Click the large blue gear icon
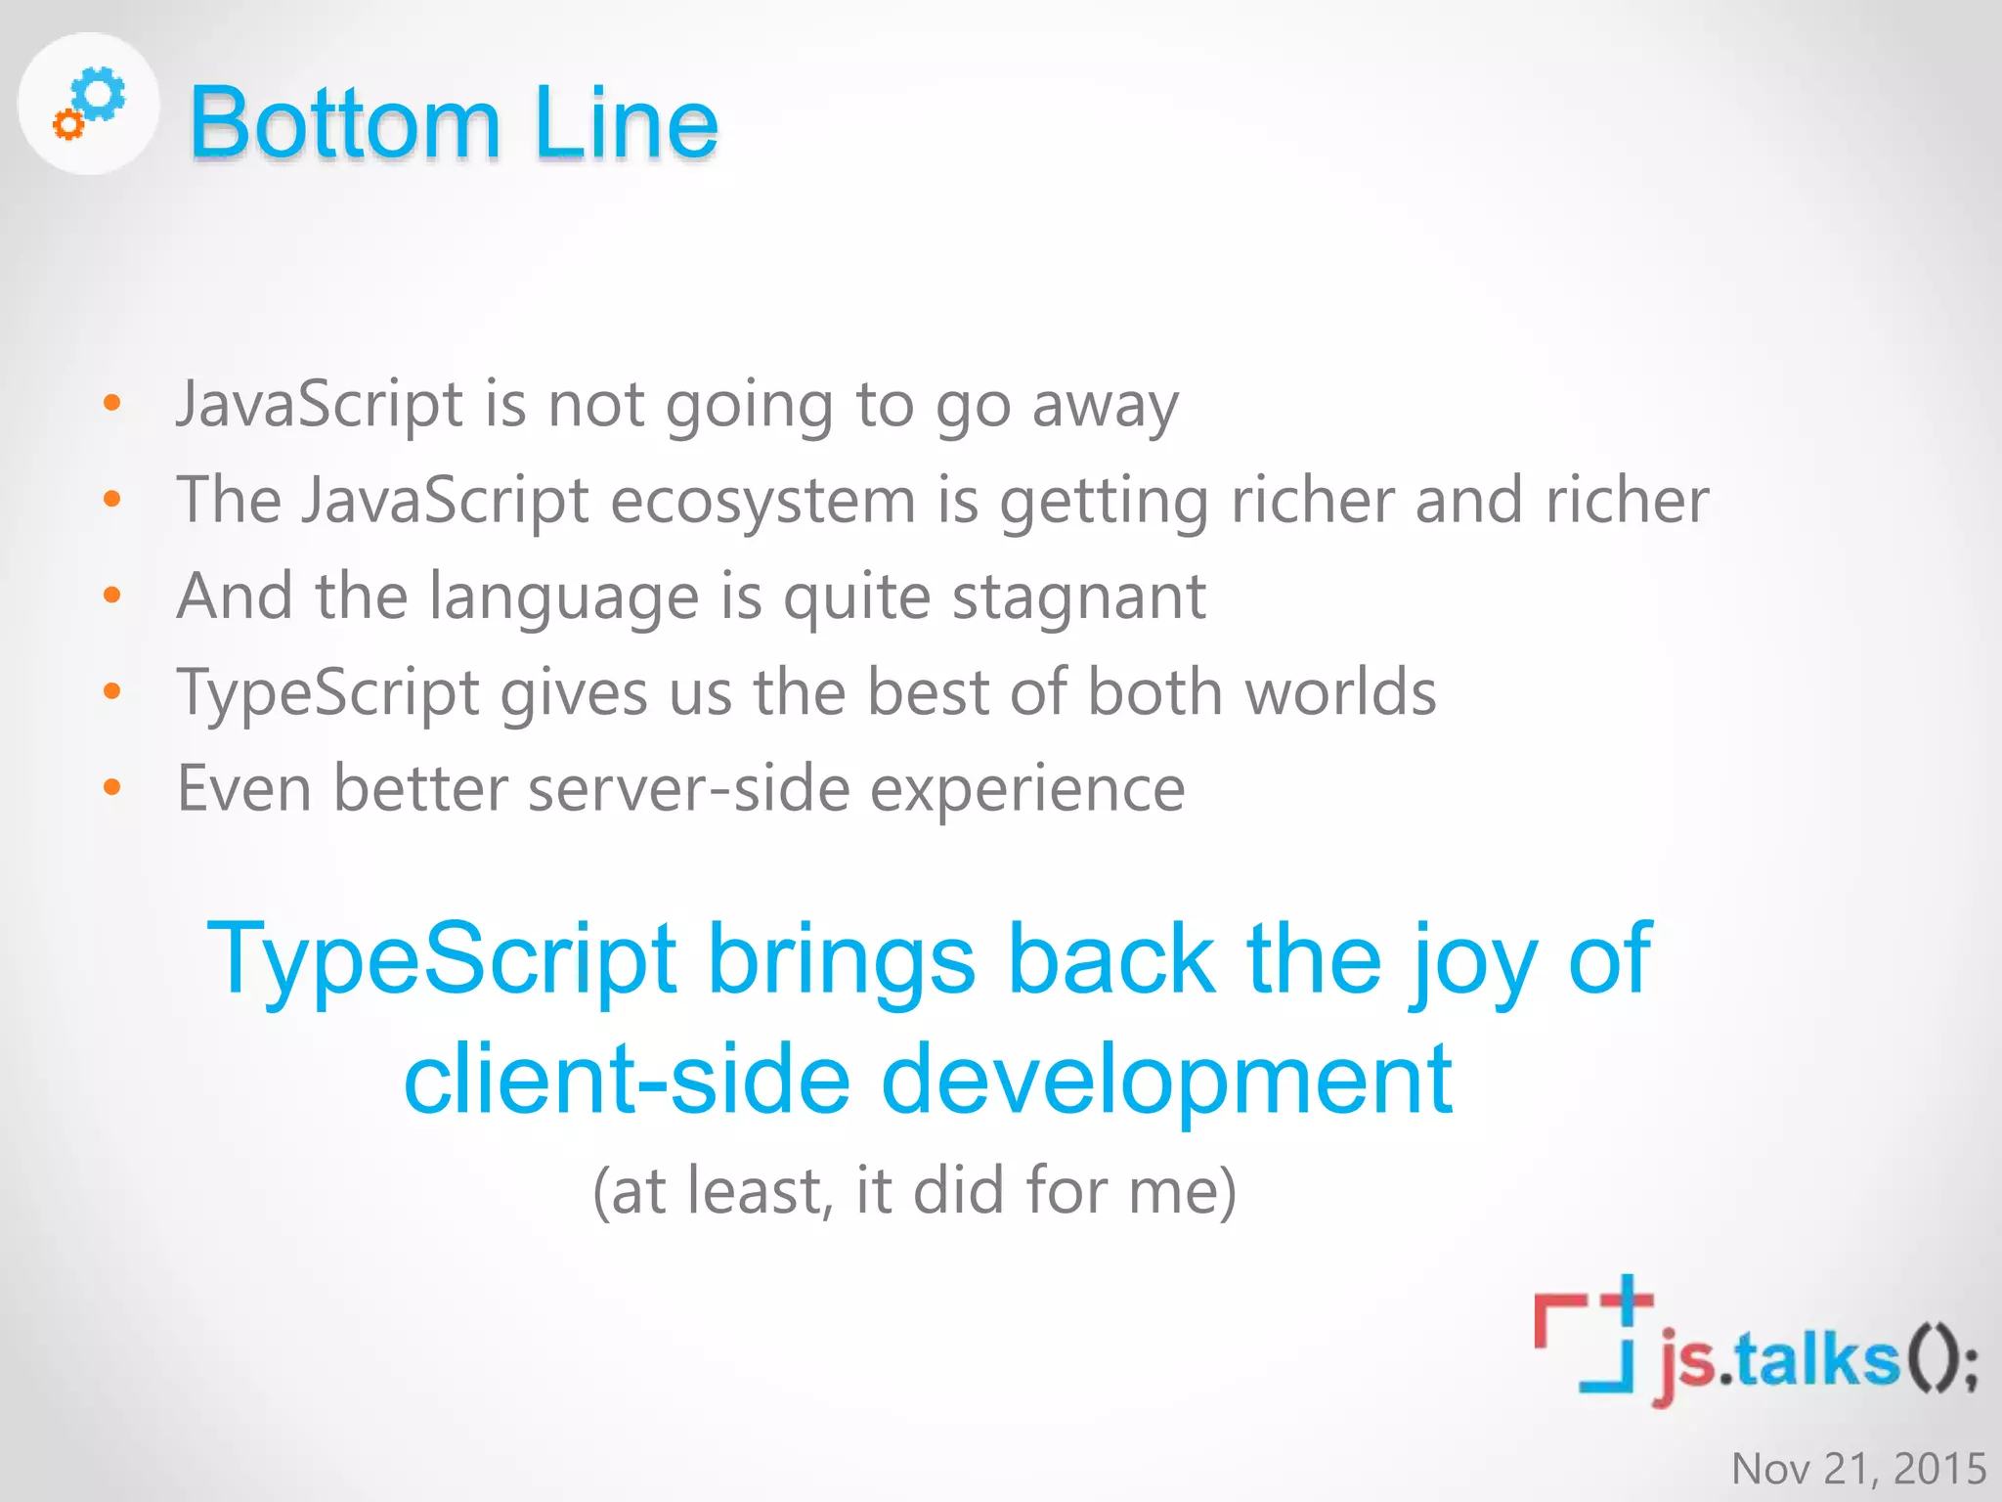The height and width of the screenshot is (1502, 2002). click(x=102, y=95)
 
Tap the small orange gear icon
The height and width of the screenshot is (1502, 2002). click(x=67, y=124)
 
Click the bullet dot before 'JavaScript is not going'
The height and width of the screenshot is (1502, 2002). click(x=112, y=403)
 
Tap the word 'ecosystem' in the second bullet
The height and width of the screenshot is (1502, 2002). click(x=762, y=501)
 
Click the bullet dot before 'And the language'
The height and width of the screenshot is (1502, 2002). click(x=112, y=596)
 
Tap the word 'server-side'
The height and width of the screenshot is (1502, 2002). click(x=689, y=788)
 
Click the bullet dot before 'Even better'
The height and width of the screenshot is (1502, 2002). click(x=112, y=787)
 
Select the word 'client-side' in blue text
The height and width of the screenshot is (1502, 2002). click(x=627, y=1079)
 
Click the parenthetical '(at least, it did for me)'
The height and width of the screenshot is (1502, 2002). click(x=915, y=1191)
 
